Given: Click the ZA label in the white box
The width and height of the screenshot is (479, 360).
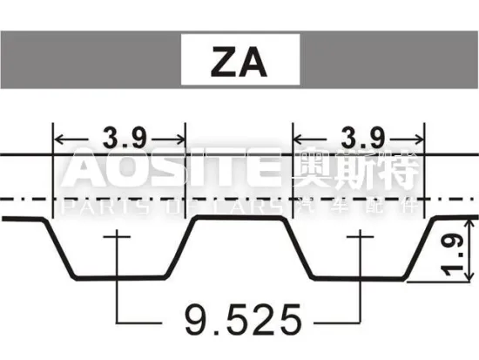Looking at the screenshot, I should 238,62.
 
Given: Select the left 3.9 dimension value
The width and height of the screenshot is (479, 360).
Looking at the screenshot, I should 120,137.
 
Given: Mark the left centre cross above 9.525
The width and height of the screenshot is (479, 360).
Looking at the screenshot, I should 116,234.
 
